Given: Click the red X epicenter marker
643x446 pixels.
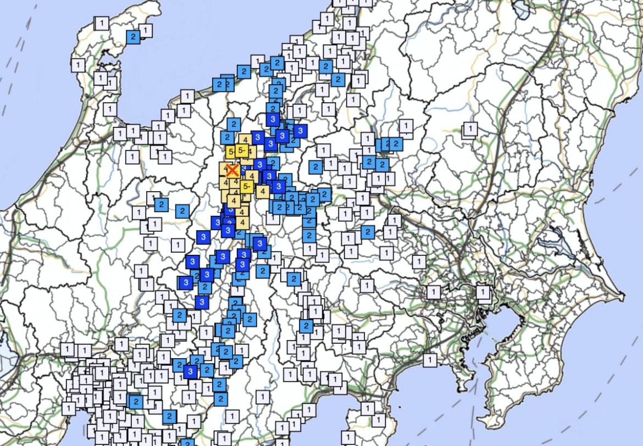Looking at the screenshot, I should click(232, 170).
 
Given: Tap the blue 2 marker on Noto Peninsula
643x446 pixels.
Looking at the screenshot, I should click(133, 37).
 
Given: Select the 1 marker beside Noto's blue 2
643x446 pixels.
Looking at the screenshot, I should click(146, 30).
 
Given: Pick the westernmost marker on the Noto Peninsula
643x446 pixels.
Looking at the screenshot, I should click(78, 65).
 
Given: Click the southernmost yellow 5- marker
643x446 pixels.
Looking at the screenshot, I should click(246, 187).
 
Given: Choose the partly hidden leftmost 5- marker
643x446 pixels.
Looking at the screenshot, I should click(231, 152).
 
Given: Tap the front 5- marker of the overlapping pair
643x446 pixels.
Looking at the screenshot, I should click(242, 149).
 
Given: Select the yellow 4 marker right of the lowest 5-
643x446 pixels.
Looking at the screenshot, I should click(262, 191).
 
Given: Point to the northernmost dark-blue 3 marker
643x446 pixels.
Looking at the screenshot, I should click(273, 119).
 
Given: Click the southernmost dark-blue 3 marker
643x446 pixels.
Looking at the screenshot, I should click(191, 372).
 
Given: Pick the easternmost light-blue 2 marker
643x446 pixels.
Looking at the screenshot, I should click(395, 144).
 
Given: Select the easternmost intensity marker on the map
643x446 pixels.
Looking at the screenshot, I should click(483, 292).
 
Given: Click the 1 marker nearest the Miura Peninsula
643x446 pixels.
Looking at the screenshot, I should click(430, 360).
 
